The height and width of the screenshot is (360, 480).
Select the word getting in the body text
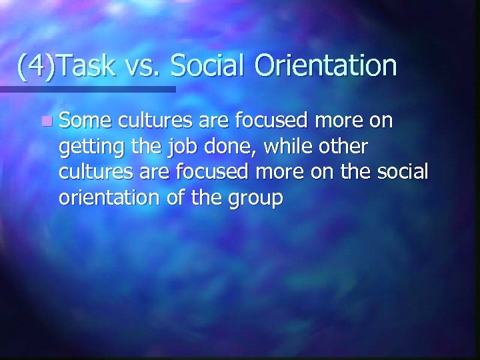point(85,148)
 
